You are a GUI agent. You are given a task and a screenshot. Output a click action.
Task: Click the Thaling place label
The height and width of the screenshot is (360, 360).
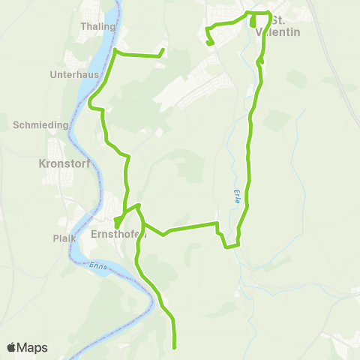click(103, 27)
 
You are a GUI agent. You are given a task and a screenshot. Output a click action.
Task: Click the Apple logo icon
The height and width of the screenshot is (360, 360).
click(12, 347)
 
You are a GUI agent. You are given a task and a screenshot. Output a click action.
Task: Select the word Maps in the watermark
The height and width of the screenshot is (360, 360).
click(33, 347)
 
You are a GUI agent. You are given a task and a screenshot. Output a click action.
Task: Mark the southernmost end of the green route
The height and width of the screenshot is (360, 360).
click(175, 347)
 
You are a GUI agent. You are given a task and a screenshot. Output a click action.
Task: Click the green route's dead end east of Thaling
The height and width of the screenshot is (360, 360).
click(163, 50)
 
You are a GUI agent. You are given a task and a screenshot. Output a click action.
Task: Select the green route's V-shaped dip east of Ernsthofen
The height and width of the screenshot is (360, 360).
click(164, 233)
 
